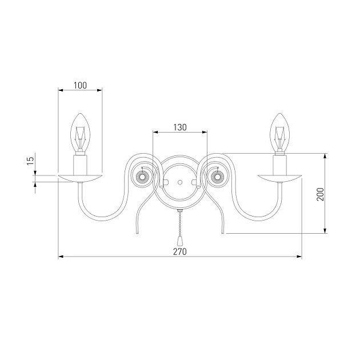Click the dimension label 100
click(80, 85)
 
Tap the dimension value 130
click(180, 127)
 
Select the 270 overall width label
click(180, 251)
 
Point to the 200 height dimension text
click(320, 194)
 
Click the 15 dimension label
click(30, 161)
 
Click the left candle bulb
click(80, 133)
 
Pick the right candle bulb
click(279, 133)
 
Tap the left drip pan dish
click(80, 178)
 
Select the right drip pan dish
click(279, 178)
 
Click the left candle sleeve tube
click(80, 165)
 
